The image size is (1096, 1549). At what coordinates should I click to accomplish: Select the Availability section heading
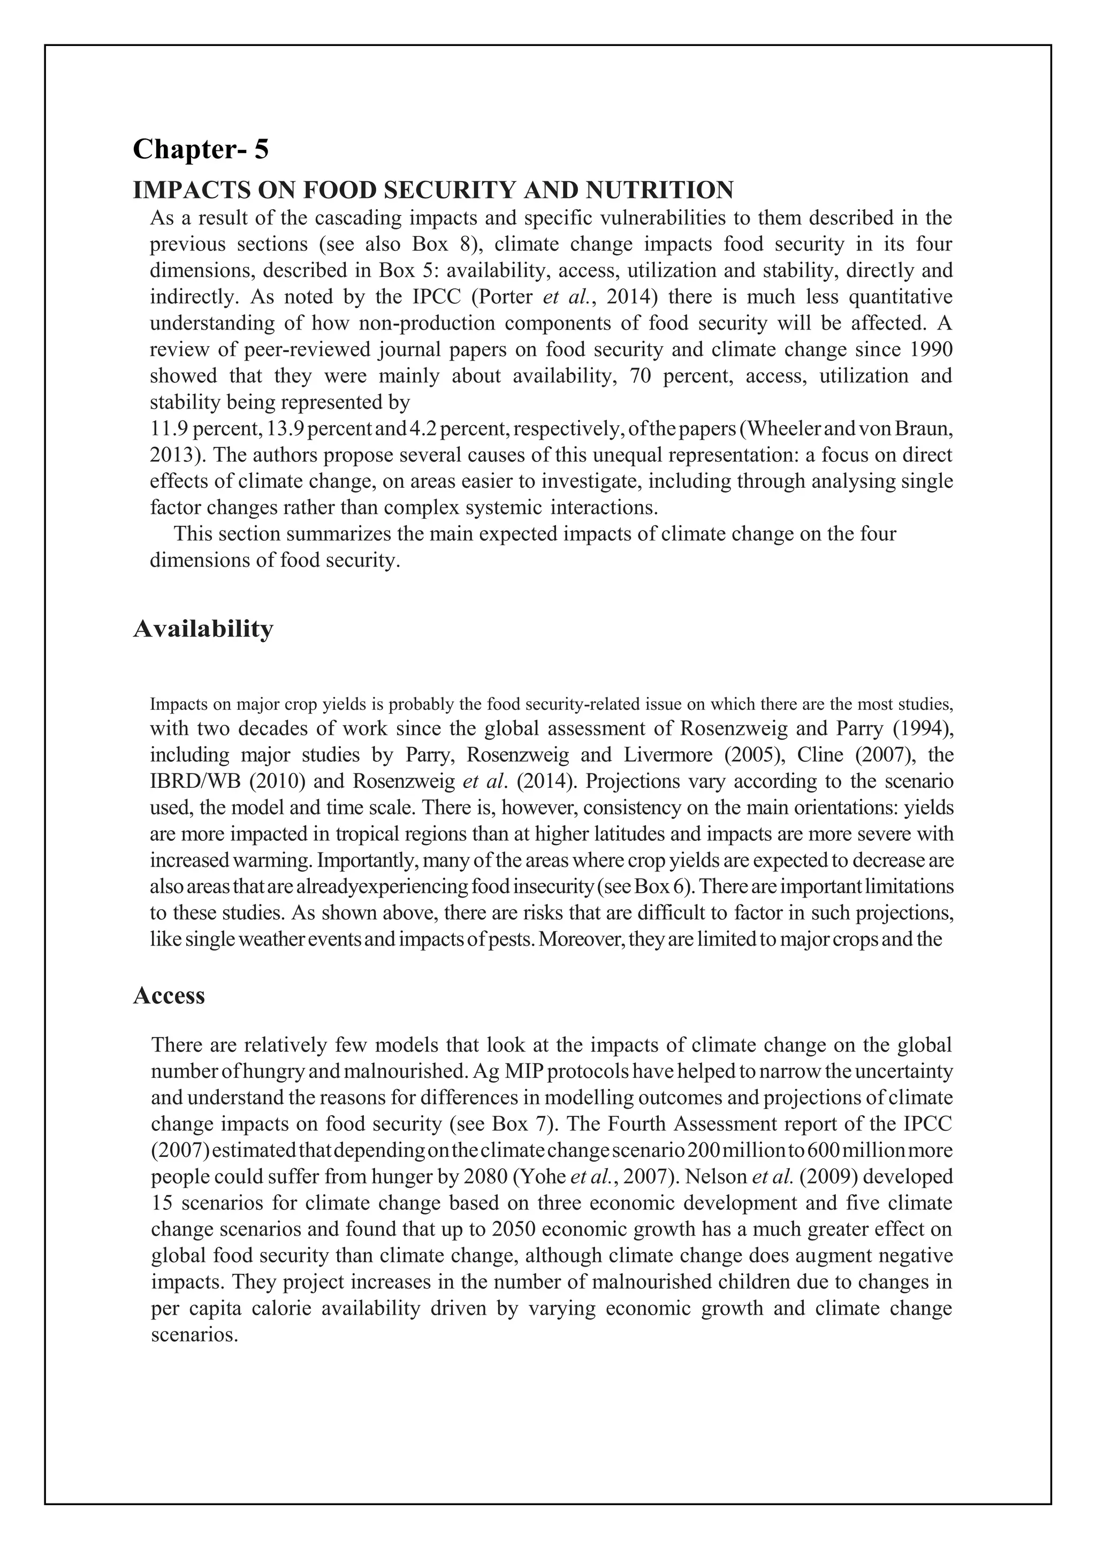click(x=203, y=629)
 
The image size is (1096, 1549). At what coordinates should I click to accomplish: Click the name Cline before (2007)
click(x=815, y=754)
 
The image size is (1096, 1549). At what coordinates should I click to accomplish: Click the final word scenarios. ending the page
click(x=194, y=1335)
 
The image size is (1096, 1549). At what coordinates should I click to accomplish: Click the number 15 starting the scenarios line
click(x=162, y=1203)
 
